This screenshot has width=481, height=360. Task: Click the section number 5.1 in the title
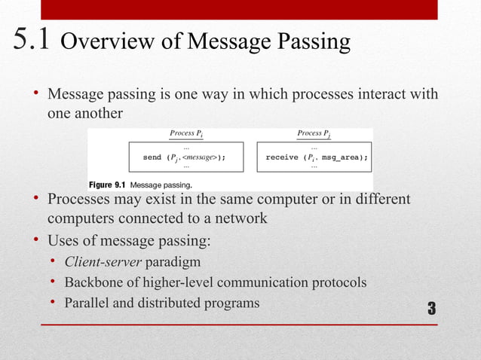click(31, 41)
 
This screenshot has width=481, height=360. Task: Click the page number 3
click(432, 308)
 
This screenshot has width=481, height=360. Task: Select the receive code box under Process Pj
click(314, 157)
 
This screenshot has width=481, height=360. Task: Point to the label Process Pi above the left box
click(186, 133)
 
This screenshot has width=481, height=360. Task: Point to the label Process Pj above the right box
click(314, 133)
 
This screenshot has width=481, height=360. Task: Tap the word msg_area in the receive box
click(345, 157)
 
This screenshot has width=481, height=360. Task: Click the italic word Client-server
click(103, 263)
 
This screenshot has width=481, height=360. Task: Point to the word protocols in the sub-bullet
click(335, 283)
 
